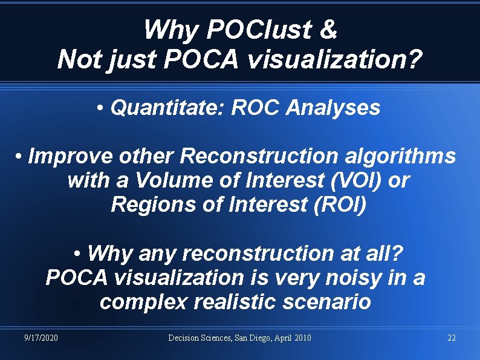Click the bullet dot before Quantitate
pos(100,108)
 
